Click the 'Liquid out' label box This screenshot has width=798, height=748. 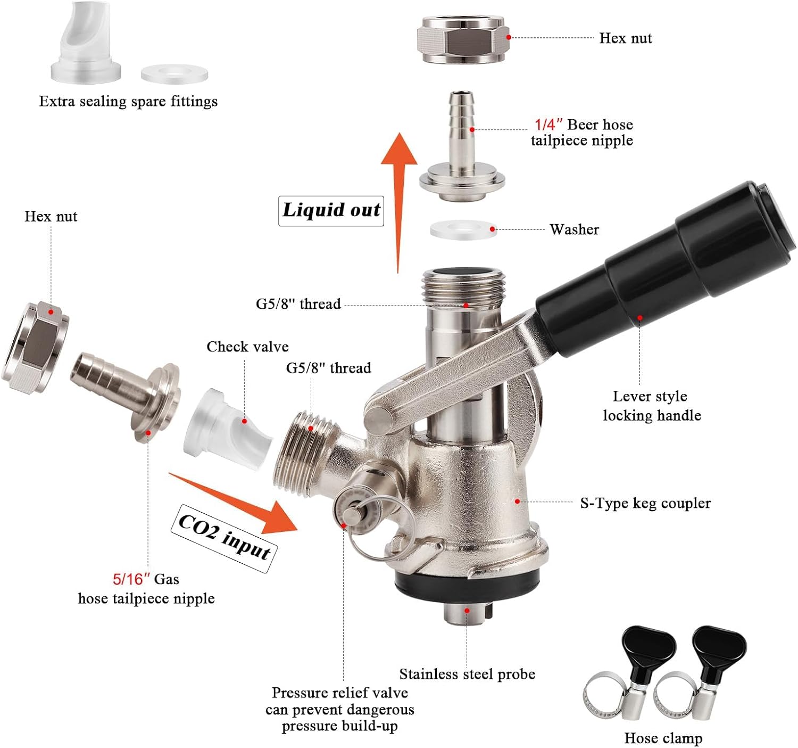click(x=331, y=211)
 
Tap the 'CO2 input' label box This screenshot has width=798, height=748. click(x=225, y=538)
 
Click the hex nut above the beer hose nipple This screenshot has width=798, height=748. click(x=463, y=39)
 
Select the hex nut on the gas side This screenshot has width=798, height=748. click(x=35, y=348)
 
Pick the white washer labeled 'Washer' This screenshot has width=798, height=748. click(x=463, y=229)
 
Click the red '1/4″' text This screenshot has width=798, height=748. click(x=548, y=125)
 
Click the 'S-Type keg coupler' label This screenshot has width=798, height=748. click(x=645, y=503)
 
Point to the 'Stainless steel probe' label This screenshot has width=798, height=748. click(x=467, y=674)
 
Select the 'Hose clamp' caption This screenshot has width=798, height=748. click(x=663, y=738)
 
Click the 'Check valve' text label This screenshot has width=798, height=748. click(x=247, y=347)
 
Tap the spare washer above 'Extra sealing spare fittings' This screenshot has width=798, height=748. click(x=174, y=73)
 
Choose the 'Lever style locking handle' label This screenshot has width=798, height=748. click(x=652, y=406)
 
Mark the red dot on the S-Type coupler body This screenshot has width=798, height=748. click(x=518, y=502)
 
